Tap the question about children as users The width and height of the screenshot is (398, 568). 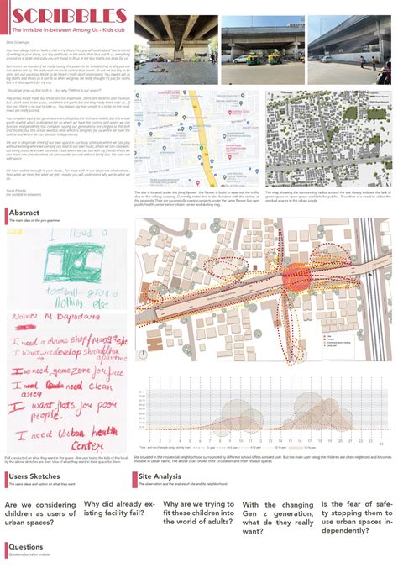[x=39, y=512]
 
